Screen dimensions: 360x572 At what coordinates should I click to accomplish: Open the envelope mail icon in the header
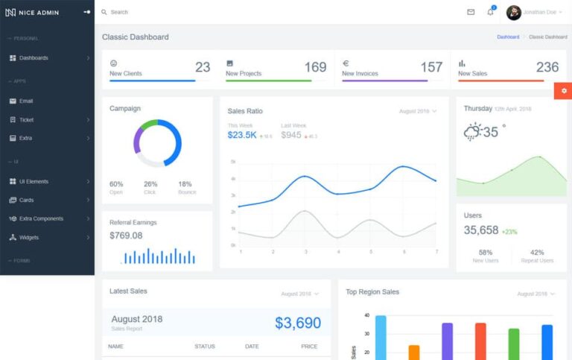coord(471,12)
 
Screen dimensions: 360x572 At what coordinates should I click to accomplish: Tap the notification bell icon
coord(490,12)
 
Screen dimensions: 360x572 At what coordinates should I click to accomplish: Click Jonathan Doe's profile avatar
coord(514,13)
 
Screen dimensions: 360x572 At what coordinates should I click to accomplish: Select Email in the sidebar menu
coord(26,101)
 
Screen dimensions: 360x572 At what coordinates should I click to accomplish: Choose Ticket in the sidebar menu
coord(26,119)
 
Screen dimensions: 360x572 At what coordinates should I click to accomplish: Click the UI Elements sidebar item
coord(34,181)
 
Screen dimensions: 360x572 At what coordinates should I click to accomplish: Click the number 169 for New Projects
coord(315,67)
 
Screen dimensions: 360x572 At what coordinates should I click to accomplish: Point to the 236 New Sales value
coord(547,67)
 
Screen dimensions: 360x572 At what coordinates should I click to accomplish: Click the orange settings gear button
coord(563,91)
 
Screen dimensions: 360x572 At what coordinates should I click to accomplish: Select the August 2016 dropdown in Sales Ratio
coord(418,111)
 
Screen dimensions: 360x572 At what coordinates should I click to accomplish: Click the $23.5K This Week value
coord(242,135)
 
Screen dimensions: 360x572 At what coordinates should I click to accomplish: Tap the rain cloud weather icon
coord(472,133)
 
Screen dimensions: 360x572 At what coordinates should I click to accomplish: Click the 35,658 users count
coord(481,230)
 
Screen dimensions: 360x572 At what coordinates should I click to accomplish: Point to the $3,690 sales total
coord(298,323)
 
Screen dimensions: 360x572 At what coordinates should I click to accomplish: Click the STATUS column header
coord(205,347)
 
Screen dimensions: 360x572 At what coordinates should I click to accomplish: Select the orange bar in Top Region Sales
coord(414,352)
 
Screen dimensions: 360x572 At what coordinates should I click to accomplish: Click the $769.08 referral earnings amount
coord(126,236)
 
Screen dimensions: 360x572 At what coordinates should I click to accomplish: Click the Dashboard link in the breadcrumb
coord(508,37)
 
